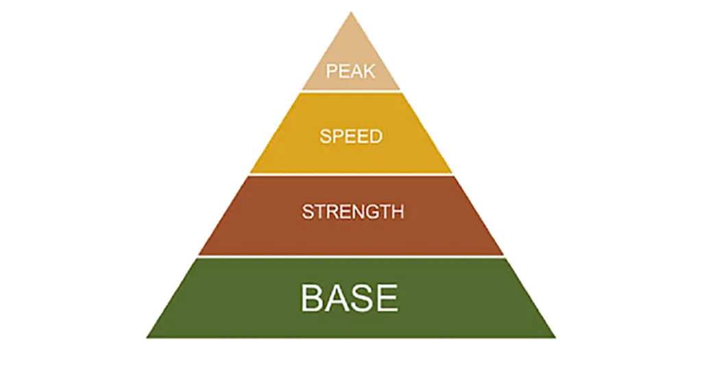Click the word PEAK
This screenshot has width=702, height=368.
350,71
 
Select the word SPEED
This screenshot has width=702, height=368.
351,136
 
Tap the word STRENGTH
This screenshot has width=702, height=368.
353,211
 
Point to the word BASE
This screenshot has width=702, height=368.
349,297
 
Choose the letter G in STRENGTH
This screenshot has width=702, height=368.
369,211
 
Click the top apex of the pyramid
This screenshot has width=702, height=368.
351,12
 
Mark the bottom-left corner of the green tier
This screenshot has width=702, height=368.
147,338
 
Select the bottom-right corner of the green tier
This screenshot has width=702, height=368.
555,338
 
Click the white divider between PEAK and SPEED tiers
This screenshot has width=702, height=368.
351,91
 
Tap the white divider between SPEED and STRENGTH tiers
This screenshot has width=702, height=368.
351,174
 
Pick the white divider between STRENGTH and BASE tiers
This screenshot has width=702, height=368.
351,257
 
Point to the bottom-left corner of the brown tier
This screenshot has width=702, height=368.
199,255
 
